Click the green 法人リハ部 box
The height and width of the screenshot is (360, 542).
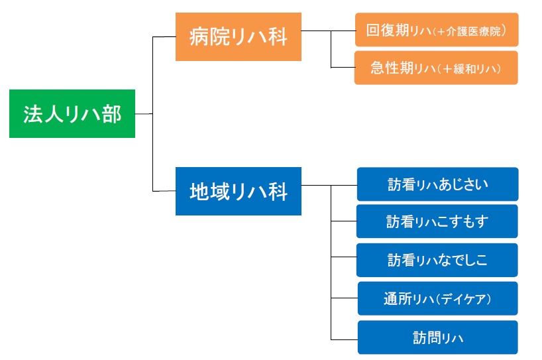tap(72, 113)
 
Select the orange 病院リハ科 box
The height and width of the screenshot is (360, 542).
tap(239, 36)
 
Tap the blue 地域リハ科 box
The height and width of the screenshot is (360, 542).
tap(239, 191)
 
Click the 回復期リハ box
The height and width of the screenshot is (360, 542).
tap(437, 30)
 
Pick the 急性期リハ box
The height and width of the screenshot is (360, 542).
tap(436, 68)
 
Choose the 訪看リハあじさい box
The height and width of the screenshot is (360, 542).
tap(437, 184)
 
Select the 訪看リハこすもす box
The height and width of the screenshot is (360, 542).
tap(437, 221)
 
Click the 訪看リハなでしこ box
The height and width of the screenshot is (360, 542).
tap(437, 260)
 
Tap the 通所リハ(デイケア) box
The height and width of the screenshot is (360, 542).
tap(437, 298)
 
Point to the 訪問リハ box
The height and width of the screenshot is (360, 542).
tap(437, 337)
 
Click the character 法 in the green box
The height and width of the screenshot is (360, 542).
tap(33, 114)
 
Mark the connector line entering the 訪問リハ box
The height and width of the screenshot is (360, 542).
tap(345, 339)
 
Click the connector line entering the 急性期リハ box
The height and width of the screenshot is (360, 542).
tap(343, 67)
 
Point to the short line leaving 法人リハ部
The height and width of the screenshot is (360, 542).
tap(144, 113)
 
